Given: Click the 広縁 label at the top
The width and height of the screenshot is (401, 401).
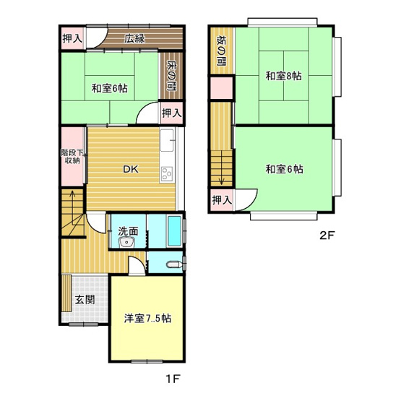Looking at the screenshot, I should coord(134,39).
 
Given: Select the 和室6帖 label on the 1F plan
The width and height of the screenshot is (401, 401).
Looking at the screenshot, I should coord(110,88).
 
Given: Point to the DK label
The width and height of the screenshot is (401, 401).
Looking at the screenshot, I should coord(130,170).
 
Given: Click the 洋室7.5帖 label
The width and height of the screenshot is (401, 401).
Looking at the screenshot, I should coord(147,318).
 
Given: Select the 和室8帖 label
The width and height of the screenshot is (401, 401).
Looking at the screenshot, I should coord(283,76).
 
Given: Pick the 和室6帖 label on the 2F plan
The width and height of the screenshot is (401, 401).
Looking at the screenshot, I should coord(284,169).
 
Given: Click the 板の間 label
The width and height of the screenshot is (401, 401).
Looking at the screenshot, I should coord(220,50).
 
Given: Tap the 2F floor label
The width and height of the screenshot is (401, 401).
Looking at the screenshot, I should coord(329,235).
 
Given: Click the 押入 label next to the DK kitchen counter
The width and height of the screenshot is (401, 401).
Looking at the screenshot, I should coord(171,113).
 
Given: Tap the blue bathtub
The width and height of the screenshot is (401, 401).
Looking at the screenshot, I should coord(174,231).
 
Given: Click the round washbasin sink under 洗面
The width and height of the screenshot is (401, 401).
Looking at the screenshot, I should coord(128,243).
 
